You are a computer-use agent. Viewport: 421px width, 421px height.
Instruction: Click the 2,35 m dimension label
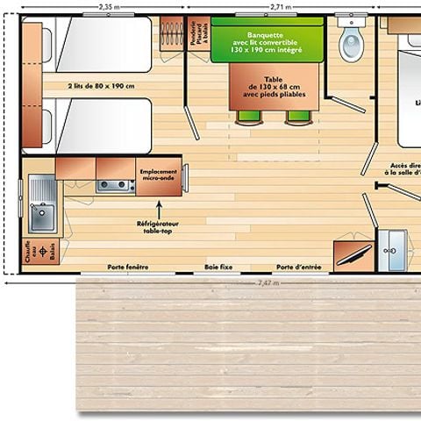click(x=105, y=6)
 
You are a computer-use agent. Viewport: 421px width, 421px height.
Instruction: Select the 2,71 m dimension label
click(x=282, y=6)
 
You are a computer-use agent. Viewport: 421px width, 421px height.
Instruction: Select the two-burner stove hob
click(x=114, y=185)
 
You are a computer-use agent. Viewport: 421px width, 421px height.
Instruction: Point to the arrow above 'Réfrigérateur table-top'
click(x=159, y=209)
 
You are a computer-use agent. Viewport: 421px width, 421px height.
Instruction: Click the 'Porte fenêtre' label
click(x=127, y=267)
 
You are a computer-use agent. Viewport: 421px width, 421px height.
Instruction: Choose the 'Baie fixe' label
click(x=218, y=267)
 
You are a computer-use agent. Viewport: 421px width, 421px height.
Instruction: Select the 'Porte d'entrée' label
click(x=298, y=267)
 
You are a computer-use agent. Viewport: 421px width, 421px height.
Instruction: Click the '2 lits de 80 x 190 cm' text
click(x=99, y=86)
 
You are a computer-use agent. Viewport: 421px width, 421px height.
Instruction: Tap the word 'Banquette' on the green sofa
click(x=262, y=36)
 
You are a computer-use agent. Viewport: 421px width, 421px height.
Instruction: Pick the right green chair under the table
click(x=297, y=118)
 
